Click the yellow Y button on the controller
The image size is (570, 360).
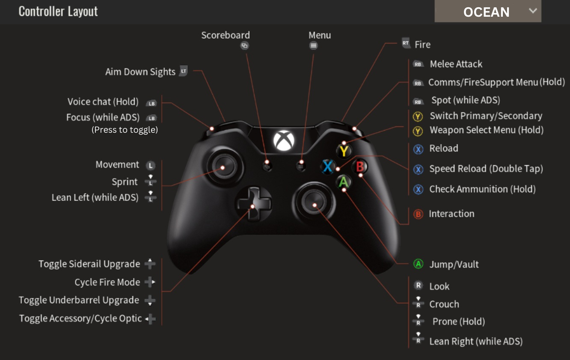click(344, 151)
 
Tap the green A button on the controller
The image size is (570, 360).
click(344, 182)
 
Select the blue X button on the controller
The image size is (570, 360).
click(327, 167)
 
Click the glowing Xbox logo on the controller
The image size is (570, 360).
click(284, 140)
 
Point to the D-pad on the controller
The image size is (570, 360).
click(254, 204)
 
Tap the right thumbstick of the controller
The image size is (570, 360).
click(314, 202)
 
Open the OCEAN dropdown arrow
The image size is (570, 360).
click(533, 11)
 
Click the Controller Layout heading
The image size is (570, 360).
click(58, 12)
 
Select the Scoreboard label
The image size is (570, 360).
click(226, 35)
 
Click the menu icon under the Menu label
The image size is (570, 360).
click(314, 45)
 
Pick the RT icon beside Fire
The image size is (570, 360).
click(406, 43)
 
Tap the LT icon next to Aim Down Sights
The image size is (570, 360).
click(184, 71)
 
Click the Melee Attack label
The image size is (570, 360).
click(456, 64)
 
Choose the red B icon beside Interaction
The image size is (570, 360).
click(418, 214)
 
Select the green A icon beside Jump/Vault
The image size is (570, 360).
click(418, 264)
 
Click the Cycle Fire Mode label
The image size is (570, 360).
click(107, 282)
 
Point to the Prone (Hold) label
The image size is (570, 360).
click(459, 321)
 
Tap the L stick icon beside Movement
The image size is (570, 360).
click(151, 166)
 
